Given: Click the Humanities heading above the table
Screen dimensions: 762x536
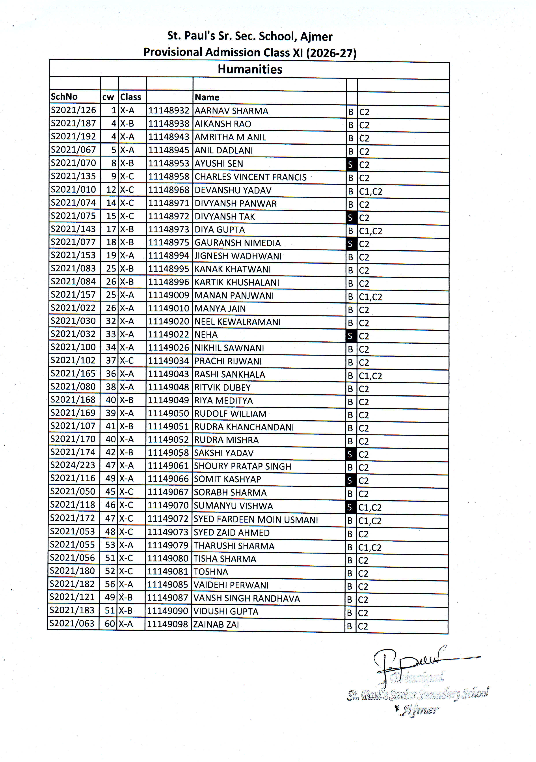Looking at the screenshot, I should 250,69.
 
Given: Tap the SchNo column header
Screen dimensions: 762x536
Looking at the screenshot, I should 64,97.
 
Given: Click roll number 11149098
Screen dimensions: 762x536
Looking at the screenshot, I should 167,624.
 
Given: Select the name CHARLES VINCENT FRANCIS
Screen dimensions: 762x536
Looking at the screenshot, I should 251,177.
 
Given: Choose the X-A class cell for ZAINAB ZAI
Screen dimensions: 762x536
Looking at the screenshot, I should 126,624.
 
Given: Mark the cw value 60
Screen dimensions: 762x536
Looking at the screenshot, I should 110,624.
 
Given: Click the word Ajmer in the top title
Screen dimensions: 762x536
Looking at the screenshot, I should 316,37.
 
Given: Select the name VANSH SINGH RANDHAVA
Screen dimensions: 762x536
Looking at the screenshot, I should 247,599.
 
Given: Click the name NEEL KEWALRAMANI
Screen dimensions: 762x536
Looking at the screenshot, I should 238,322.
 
